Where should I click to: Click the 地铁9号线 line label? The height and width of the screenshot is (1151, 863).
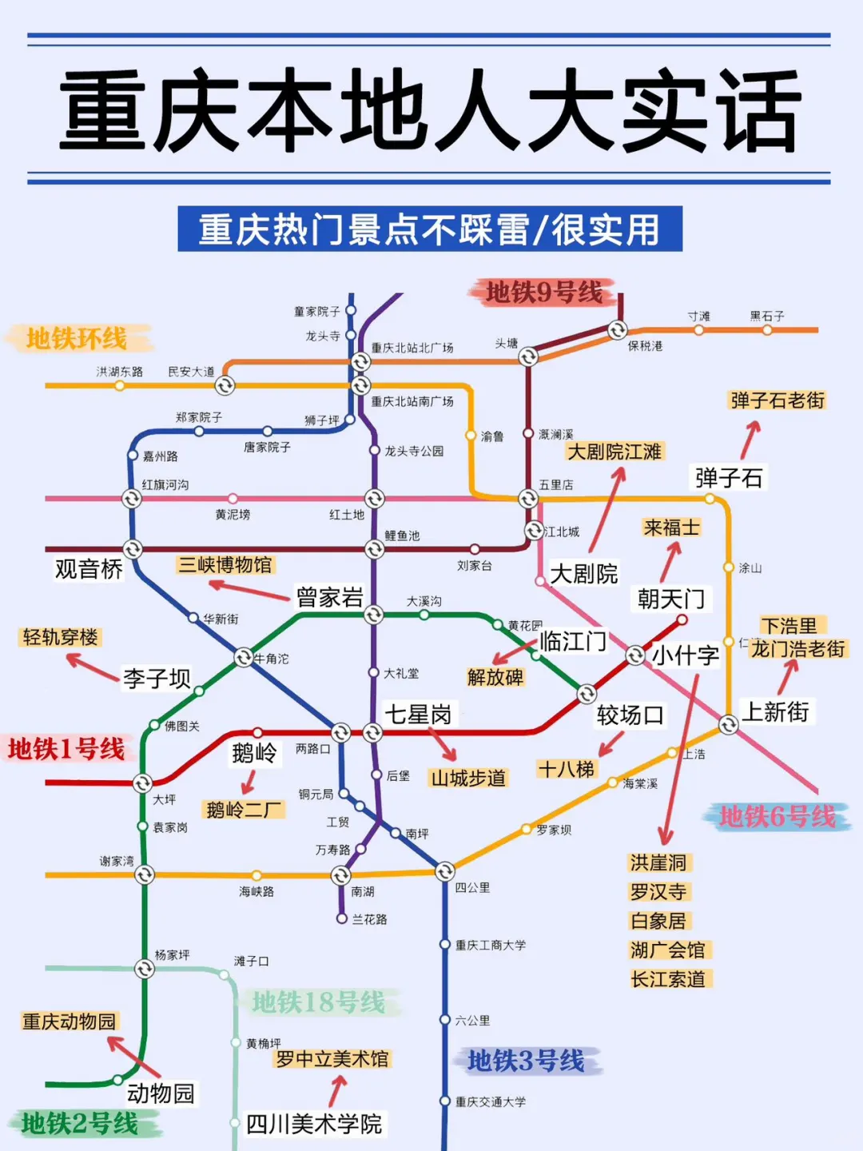544,293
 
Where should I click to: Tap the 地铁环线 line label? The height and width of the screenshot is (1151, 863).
77,339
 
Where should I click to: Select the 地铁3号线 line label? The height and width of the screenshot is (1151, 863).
526,1061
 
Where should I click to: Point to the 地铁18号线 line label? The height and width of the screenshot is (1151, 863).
318,1002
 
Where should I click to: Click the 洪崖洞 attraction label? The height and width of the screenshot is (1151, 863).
658,862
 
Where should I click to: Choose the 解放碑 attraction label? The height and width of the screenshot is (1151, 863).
495,678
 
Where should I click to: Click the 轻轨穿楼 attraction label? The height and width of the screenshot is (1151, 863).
61,637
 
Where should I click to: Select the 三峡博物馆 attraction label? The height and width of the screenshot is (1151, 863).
225,565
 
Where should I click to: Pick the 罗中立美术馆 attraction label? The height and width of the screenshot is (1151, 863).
332,1059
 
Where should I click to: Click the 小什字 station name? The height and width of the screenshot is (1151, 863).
686,655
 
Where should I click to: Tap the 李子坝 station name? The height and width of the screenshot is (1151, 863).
157,679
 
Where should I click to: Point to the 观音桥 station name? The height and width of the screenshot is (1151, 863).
89,569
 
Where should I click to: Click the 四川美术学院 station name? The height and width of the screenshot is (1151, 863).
314,1124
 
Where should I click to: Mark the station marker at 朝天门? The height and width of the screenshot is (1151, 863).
682,619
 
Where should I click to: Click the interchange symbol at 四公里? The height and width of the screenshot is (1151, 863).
445,871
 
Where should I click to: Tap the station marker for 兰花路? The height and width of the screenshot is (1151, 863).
342,919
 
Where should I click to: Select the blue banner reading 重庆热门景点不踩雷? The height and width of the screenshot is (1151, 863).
430,229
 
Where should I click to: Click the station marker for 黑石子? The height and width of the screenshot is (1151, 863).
767,329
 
